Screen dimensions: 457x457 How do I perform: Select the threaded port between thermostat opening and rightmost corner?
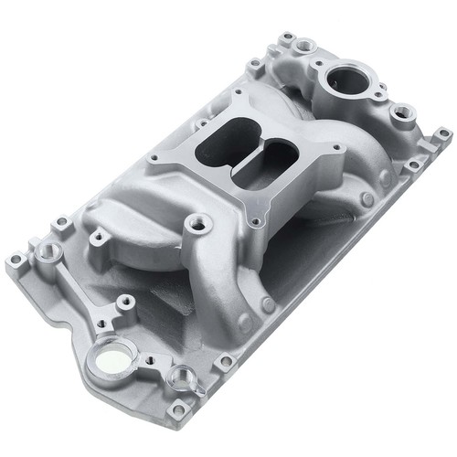coord(399,113)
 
